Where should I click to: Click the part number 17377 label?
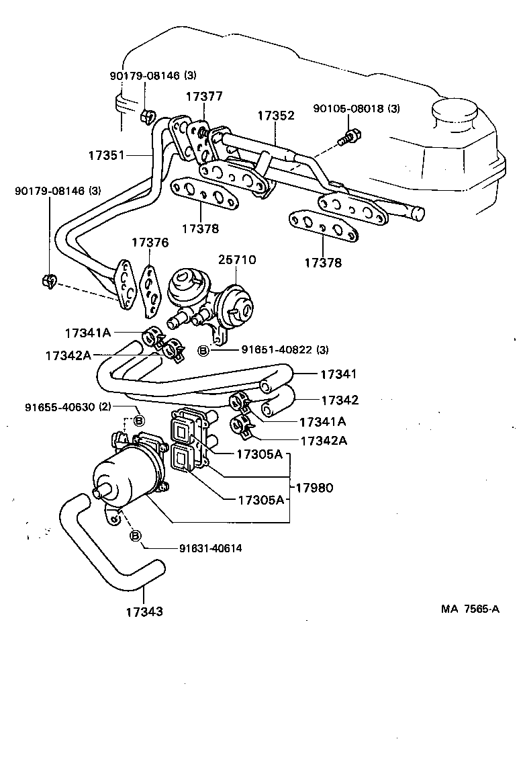tap(204, 97)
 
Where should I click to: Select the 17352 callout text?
tap(275, 116)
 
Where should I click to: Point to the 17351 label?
tap(106, 155)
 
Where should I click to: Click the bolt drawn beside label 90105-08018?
tap(348, 138)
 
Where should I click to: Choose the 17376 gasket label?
tap(150, 243)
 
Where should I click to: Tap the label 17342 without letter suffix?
tap(339, 400)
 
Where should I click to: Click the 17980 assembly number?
tap(318, 487)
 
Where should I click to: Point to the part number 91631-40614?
tap(210, 548)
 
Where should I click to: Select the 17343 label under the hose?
tap(144, 611)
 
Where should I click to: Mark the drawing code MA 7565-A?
tap(470, 609)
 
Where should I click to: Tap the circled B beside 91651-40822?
tap(204, 351)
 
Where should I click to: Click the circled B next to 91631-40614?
tap(134, 535)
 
